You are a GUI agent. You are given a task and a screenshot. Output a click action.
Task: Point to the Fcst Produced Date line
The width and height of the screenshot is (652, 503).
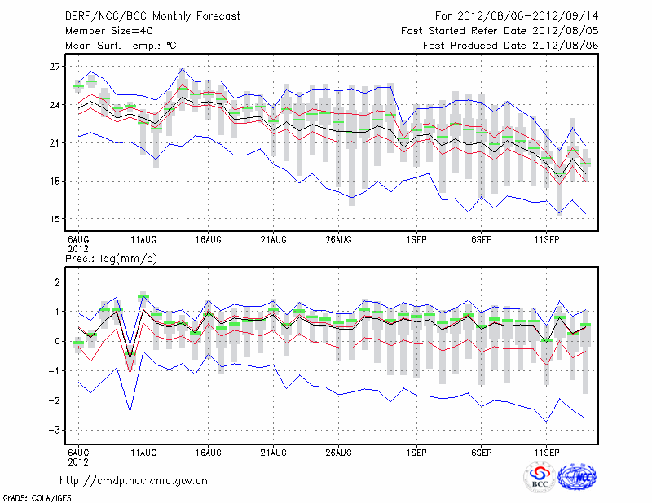(x=511, y=46)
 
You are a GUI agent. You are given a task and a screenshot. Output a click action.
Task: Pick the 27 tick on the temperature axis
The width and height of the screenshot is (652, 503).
(x=55, y=67)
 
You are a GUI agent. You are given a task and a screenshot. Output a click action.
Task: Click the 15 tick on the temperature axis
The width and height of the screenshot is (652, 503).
(x=55, y=219)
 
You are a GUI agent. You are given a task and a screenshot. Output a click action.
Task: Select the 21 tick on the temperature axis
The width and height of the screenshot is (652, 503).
(x=55, y=143)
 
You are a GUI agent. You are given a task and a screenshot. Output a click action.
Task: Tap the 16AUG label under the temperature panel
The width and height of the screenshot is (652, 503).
(x=208, y=239)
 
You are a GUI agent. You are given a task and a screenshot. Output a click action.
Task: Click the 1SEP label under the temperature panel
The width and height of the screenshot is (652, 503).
(x=416, y=239)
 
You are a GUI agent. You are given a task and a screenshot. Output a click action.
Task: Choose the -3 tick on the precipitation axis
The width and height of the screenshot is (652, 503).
(x=53, y=430)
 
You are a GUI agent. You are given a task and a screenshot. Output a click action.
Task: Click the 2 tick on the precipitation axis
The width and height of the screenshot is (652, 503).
(x=57, y=282)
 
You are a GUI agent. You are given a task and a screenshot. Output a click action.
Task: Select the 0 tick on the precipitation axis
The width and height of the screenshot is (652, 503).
(x=57, y=341)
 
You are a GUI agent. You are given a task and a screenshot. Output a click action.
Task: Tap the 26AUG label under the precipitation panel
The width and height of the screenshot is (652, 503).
(x=338, y=451)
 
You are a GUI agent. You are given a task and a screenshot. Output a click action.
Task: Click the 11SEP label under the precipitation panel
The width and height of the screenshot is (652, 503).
(x=546, y=451)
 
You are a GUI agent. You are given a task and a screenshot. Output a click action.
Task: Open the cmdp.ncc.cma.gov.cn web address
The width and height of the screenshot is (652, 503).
(x=134, y=481)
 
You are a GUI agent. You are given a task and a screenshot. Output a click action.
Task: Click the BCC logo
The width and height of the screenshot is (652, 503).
(x=540, y=477)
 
